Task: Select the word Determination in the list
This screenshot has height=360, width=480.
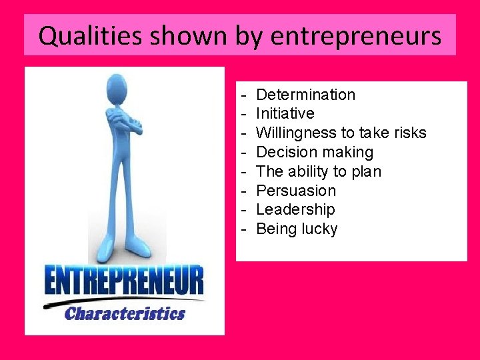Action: [x=305, y=95]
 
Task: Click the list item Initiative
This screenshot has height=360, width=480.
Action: [x=285, y=113]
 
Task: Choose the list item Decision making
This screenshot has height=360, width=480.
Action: [x=315, y=152]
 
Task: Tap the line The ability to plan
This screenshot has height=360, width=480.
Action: [x=319, y=171]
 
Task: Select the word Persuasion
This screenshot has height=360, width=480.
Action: [x=296, y=191]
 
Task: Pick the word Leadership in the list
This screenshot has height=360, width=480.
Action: [x=295, y=209]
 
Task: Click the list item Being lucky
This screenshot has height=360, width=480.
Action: [x=297, y=229]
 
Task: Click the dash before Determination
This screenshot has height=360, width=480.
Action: [x=245, y=95]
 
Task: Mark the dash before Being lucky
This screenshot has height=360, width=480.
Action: [x=245, y=229]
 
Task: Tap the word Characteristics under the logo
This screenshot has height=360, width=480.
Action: [x=125, y=313]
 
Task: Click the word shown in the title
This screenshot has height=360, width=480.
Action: [x=197, y=35]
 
